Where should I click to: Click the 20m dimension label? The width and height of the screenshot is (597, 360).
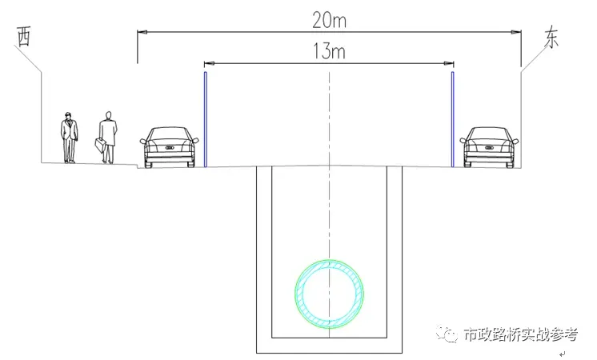click(x=330, y=20)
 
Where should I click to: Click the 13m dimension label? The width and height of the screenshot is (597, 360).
click(x=330, y=51)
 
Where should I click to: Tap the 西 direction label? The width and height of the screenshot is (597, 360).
click(x=24, y=37)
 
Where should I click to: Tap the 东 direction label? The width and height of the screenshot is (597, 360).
click(x=551, y=38)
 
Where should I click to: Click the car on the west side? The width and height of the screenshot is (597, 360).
click(x=169, y=147)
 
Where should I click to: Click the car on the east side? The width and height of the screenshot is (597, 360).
click(x=489, y=147)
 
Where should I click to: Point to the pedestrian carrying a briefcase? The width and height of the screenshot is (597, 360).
click(x=108, y=138)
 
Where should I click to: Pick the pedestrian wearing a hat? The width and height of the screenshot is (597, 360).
click(x=70, y=138)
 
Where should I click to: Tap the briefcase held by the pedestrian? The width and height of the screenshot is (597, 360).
click(x=100, y=146)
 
